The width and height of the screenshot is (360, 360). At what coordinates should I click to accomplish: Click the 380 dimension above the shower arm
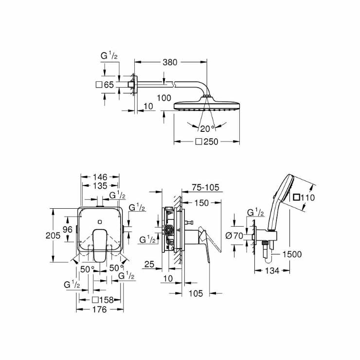pos(170,62)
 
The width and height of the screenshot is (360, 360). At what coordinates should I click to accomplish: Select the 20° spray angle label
pos(206,128)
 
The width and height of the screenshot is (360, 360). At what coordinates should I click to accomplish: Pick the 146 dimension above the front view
pos(99,178)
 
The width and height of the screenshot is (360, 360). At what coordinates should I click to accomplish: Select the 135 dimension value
pos(99,186)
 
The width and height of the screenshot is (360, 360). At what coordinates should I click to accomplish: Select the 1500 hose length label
pos(292,254)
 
